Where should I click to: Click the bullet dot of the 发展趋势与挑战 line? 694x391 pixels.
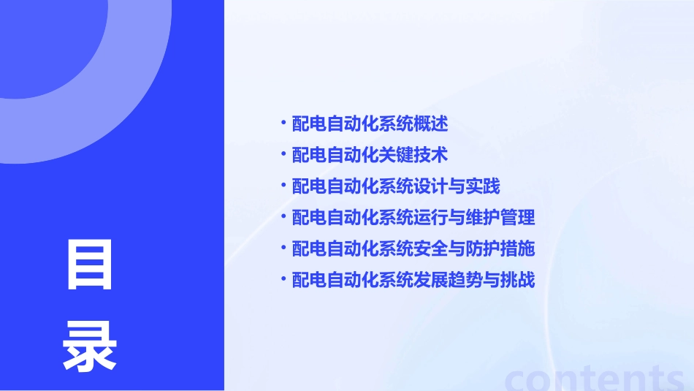click(283, 279)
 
